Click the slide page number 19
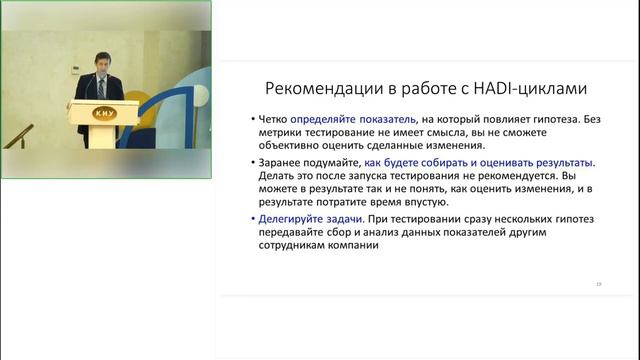pos(597,284)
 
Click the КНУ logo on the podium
pos(102,113)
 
